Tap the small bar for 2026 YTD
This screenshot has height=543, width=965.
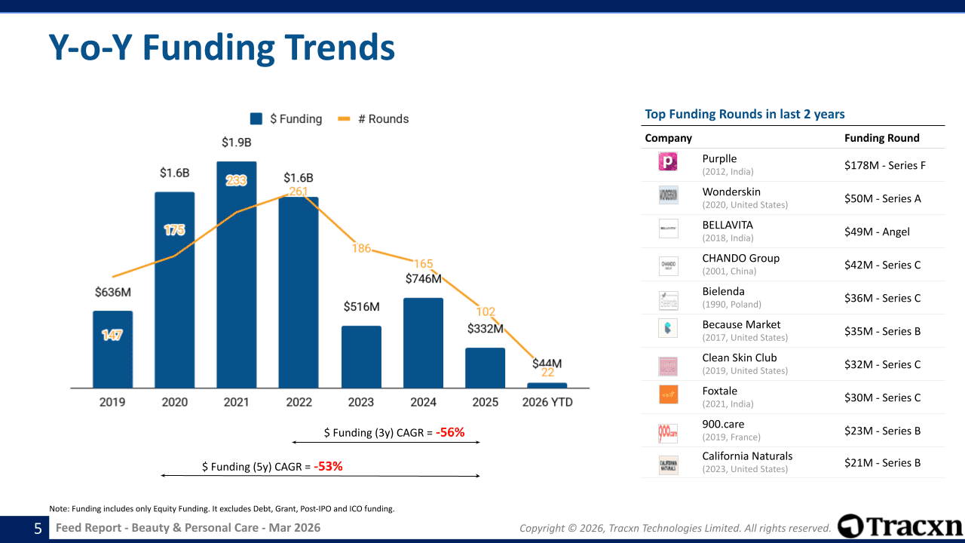pyautogui.click(x=547, y=385)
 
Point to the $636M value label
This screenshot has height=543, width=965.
pyautogui.click(x=113, y=292)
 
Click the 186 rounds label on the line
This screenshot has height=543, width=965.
pyautogui.click(x=361, y=248)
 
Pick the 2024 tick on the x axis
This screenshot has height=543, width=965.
pyautogui.click(x=423, y=402)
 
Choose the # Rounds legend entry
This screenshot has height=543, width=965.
pyautogui.click(x=374, y=119)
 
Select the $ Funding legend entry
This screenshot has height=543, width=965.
pyautogui.click(x=286, y=119)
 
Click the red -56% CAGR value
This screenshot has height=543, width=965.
pyautogui.click(x=450, y=432)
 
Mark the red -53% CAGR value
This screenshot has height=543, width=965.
pyautogui.click(x=328, y=466)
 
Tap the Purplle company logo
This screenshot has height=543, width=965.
pyautogui.click(x=668, y=161)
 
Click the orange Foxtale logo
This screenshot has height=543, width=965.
pyautogui.click(x=668, y=394)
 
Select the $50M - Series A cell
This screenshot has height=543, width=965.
pyautogui.click(x=882, y=198)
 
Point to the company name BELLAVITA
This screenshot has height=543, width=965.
pyautogui.click(x=727, y=225)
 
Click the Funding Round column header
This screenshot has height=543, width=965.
pyautogui.click(x=881, y=138)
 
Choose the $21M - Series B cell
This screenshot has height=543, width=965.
pyautogui.click(x=882, y=462)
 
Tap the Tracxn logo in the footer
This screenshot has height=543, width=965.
pyautogui.click(x=899, y=526)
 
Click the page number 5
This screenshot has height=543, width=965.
pyautogui.click(x=38, y=529)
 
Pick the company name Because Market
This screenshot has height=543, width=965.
pyautogui.click(x=741, y=324)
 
